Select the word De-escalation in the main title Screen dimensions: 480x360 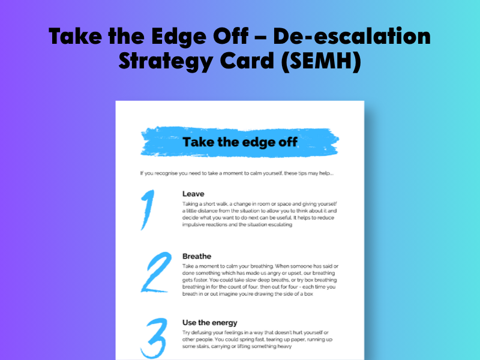point(352,36)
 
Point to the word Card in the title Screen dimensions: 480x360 point(247,61)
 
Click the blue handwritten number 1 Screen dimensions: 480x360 point(148,209)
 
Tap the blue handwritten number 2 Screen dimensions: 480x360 point(156,272)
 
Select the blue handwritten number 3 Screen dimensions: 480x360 point(154,338)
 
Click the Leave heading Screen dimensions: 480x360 point(193,194)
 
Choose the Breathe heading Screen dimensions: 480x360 point(197,256)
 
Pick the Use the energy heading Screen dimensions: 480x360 point(209,323)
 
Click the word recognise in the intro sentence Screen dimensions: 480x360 point(166,173)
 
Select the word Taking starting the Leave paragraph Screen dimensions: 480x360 point(190,204)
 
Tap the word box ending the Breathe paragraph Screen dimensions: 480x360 point(308,294)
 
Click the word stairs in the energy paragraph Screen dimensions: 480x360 point(201,346)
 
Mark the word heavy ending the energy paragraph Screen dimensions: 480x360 point(284,347)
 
